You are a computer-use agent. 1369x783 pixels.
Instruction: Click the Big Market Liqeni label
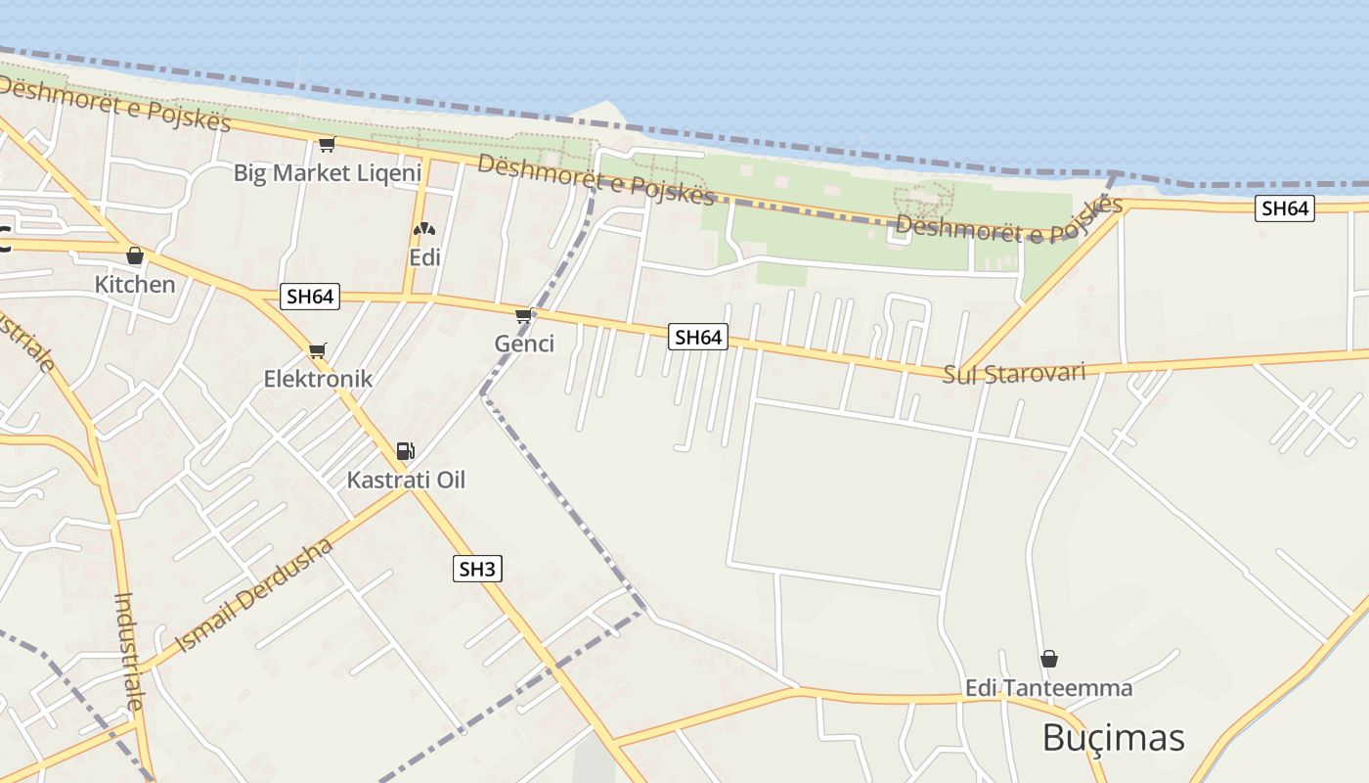tap(327, 173)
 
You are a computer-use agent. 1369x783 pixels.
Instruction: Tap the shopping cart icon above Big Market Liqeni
tap(327, 145)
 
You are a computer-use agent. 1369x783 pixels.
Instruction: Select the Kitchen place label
tap(135, 285)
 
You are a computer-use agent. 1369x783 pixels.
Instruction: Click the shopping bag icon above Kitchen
tap(135, 256)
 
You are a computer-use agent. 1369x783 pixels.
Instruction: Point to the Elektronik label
tap(318, 379)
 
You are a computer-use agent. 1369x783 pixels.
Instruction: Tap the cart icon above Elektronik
tap(318, 350)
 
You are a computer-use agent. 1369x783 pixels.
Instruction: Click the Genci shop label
tap(524, 344)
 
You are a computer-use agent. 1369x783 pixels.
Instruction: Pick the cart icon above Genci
tap(524, 315)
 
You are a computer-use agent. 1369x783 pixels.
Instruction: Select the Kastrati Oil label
tap(406, 480)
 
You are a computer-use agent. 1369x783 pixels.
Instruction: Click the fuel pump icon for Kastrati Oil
tap(405, 451)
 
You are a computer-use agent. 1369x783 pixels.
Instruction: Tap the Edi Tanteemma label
tap(1048, 688)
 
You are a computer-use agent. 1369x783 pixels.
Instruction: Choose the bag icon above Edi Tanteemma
tap(1049, 659)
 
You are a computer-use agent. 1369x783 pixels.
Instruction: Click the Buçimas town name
tap(1113, 737)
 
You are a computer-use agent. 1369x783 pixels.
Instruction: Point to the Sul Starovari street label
tap(1014, 374)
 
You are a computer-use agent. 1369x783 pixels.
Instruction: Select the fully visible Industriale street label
tap(130, 651)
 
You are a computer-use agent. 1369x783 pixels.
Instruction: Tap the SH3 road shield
tap(477, 569)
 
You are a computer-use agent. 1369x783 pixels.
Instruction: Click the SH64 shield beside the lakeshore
tap(1285, 208)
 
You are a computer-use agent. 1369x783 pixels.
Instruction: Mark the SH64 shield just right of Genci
tap(698, 338)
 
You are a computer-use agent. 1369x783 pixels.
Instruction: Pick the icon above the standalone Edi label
tap(424, 230)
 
